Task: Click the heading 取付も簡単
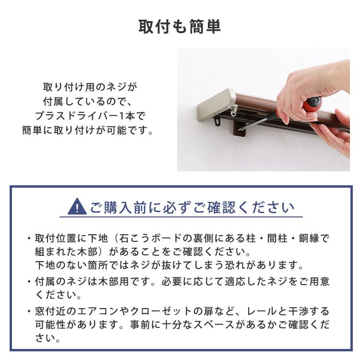(x=180, y=26)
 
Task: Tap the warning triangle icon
(x=77, y=207)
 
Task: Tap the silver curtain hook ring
(x=234, y=111)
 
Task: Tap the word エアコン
(x=99, y=312)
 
